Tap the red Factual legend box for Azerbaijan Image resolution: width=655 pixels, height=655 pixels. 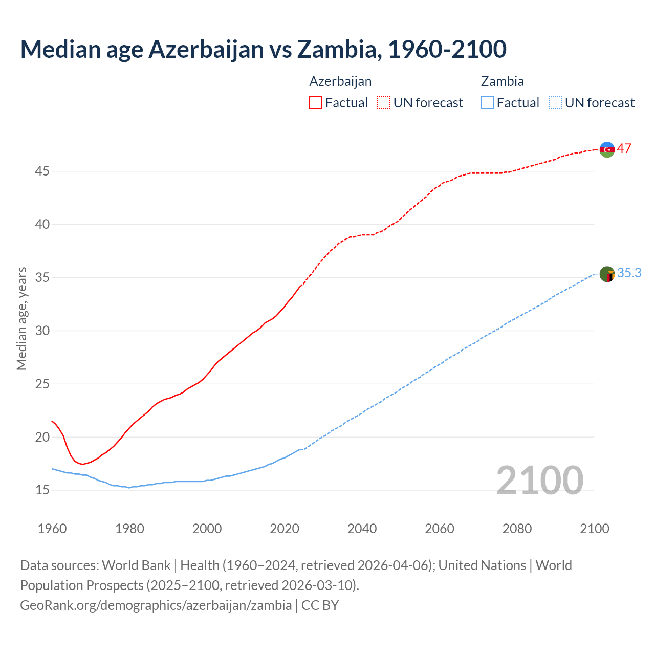[x=316, y=103]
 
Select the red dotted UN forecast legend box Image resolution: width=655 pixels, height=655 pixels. [x=384, y=103]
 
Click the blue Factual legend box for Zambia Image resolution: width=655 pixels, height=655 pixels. [x=488, y=103]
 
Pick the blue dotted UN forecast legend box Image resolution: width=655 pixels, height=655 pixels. [x=556, y=103]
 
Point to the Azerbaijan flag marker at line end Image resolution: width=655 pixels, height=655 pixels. [x=607, y=149]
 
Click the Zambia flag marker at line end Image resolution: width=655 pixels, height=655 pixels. [x=607, y=274]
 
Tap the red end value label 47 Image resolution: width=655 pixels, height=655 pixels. [x=624, y=149]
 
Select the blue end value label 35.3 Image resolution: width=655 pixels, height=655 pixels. [x=629, y=273]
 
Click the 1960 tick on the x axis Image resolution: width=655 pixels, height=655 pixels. [x=52, y=529]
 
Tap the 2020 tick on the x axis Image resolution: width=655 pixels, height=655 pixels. [x=285, y=529]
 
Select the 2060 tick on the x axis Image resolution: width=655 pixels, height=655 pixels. [x=440, y=529]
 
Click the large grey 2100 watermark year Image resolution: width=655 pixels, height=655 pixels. [x=539, y=481]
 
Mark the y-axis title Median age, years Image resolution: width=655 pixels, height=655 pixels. [x=21, y=318]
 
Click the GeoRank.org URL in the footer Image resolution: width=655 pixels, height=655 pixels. [x=156, y=605]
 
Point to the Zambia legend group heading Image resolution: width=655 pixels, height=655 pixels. [x=502, y=81]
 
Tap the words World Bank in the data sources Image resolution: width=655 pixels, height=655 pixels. [x=136, y=565]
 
